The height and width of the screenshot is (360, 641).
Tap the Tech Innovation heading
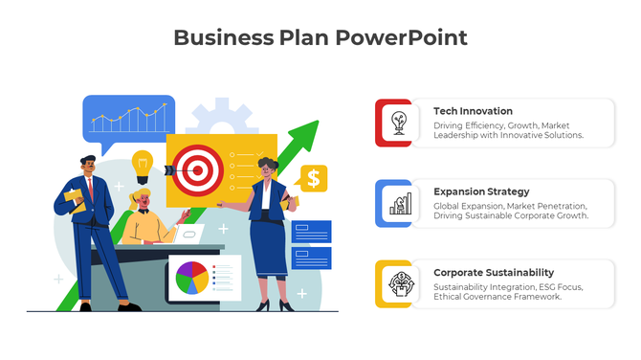(x=473, y=111)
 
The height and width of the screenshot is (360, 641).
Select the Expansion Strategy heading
(x=481, y=191)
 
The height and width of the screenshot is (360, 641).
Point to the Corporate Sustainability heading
(x=494, y=272)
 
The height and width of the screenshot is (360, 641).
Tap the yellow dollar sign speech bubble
(x=312, y=178)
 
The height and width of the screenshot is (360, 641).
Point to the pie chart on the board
(x=190, y=278)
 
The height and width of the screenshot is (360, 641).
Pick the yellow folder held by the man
(x=74, y=197)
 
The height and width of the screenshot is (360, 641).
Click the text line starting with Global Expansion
(x=510, y=206)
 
